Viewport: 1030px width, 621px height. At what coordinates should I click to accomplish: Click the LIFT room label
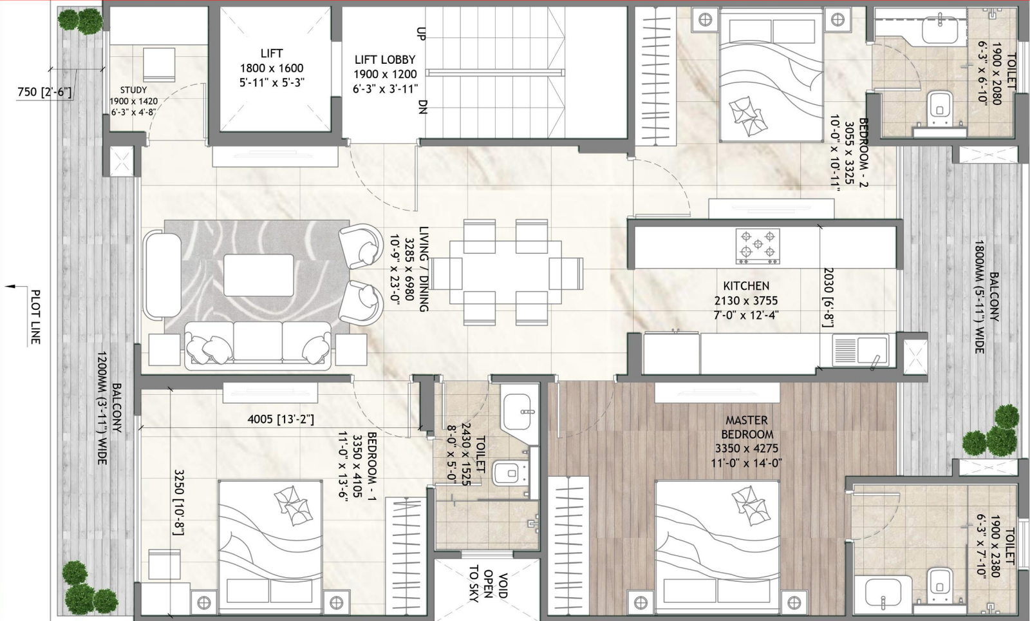[x=271, y=53]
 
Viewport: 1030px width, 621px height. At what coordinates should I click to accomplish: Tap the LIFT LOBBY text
[x=385, y=60]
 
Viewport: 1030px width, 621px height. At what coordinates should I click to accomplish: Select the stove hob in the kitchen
[x=758, y=247]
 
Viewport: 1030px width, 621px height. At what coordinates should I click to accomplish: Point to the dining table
[x=506, y=272]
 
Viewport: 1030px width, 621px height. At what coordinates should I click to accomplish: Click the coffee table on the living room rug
[x=259, y=276]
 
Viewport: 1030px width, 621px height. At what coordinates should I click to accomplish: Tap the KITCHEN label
[x=746, y=286]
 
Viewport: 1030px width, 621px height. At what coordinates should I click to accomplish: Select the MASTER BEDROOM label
[x=747, y=427]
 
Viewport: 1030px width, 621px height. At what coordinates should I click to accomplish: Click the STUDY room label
[x=133, y=90]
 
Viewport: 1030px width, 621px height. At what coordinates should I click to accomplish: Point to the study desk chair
[x=158, y=65]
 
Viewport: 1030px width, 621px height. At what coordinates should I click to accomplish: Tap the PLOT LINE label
[x=35, y=316]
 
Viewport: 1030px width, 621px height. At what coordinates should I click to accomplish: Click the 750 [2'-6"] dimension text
[x=44, y=92]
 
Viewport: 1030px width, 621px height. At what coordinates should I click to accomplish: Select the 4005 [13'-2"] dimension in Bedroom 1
[x=281, y=419]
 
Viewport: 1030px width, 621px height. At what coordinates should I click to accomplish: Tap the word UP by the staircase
[x=421, y=33]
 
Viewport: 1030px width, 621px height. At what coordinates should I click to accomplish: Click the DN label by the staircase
[x=422, y=107]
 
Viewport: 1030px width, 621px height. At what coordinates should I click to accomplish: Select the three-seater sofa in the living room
[x=257, y=345]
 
